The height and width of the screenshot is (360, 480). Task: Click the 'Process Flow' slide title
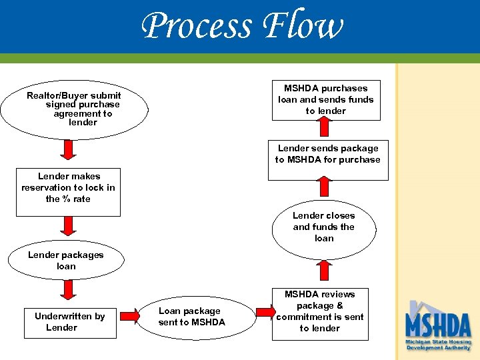(243, 27)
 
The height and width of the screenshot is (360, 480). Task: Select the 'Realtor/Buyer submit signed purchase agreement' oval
(74, 109)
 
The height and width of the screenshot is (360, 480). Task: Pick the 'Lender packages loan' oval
(66, 261)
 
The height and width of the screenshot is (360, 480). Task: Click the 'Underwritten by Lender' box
(69, 321)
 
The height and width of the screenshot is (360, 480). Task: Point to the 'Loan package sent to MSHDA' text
(191, 317)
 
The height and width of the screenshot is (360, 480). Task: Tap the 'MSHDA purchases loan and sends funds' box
(325, 100)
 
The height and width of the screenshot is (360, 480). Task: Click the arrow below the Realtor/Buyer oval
(68, 149)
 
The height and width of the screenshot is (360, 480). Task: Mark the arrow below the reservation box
(68, 227)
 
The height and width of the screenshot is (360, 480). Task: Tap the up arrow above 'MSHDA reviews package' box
(324, 270)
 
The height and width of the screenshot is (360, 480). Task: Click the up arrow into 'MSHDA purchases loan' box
(324, 126)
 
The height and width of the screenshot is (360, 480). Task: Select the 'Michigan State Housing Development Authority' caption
(438, 345)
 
